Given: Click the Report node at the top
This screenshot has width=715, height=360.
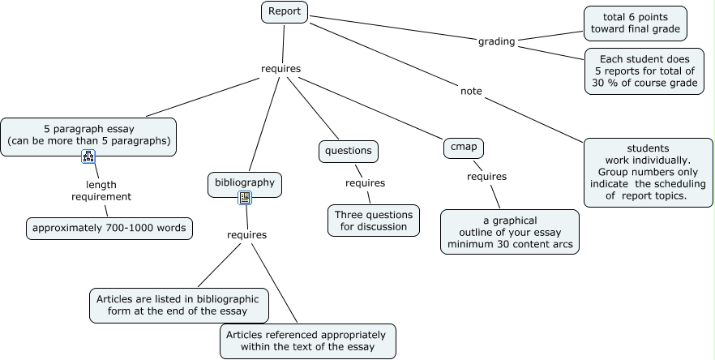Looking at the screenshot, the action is [x=285, y=12].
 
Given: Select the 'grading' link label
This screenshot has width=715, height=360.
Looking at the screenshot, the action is [x=497, y=41].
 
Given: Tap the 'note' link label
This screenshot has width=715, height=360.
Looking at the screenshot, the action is [x=471, y=91].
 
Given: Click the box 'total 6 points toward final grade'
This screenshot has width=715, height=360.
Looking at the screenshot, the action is [x=636, y=24].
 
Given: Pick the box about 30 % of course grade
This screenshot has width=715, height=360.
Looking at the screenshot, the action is [x=644, y=71].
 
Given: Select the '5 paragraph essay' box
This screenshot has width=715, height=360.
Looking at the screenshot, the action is [x=88, y=137].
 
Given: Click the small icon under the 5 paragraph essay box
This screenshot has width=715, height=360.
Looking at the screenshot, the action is [x=88, y=156].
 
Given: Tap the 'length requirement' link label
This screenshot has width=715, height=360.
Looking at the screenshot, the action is [x=101, y=191].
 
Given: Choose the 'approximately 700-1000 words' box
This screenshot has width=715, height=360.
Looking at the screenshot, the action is [x=109, y=228].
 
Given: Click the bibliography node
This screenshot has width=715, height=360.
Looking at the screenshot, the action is [x=245, y=184].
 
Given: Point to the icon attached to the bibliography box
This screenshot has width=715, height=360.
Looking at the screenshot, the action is [x=245, y=198].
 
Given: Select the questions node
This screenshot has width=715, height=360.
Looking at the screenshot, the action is [x=349, y=151].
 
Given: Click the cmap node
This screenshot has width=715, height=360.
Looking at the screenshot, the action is [x=464, y=148].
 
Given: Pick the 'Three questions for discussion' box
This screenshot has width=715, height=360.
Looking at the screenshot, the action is [x=374, y=221].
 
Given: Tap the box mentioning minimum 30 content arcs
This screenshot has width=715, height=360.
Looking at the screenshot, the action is [x=510, y=232].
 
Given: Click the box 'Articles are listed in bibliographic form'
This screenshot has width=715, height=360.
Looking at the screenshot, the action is [x=179, y=305].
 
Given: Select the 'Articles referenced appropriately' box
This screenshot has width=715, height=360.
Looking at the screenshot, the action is [x=308, y=341].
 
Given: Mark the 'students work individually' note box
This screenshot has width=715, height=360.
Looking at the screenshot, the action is [x=648, y=173].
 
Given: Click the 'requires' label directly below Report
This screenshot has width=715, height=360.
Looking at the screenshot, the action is [x=280, y=68].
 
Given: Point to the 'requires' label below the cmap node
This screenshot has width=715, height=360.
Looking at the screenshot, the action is [x=486, y=177].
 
